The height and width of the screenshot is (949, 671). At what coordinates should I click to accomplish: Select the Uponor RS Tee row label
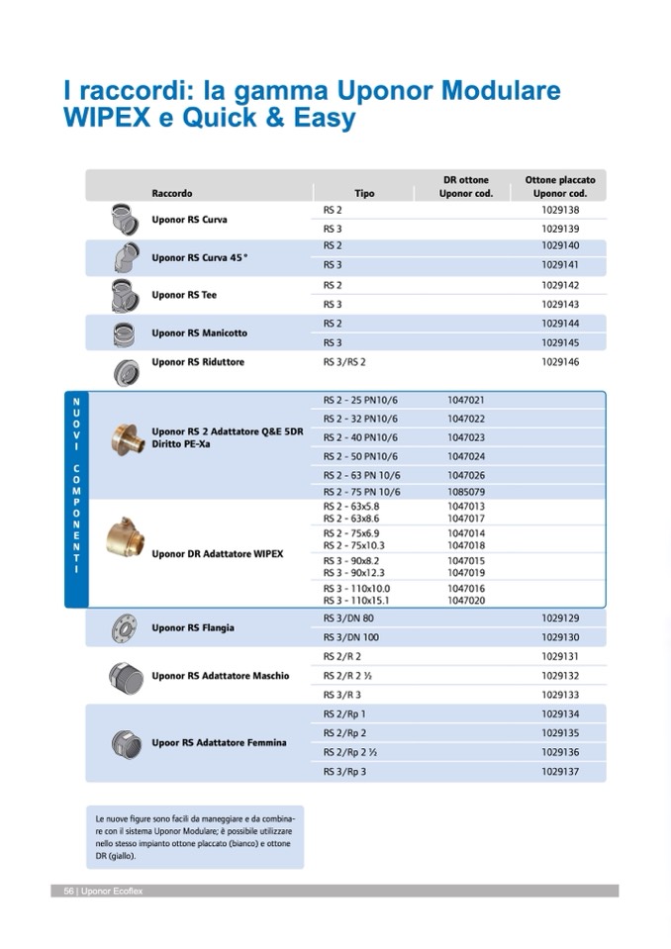pyautogui.click(x=184, y=295)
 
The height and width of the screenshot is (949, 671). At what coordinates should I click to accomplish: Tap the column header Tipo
pyautogui.click(x=364, y=193)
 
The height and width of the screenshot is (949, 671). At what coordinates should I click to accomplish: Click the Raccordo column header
pyautogui.click(x=172, y=193)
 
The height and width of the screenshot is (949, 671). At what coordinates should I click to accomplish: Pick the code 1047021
pyautogui.click(x=466, y=400)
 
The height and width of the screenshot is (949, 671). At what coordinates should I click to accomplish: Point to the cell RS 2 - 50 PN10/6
pyautogui.click(x=360, y=456)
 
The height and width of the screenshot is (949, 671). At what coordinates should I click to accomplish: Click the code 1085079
pyautogui.click(x=466, y=492)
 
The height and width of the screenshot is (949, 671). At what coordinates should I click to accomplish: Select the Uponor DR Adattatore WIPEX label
pyautogui.click(x=217, y=554)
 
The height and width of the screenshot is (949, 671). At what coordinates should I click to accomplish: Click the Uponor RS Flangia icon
pyautogui.click(x=126, y=627)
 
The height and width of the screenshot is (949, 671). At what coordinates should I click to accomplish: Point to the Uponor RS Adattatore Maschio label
pyautogui.click(x=220, y=676)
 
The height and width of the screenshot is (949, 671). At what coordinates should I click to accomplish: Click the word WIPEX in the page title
pyautogui.click(x=106, y=119)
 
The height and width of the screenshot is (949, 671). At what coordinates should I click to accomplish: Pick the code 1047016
pyautogui.click(x=466, y=588)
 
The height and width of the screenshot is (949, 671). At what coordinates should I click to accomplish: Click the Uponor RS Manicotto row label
pyautogui.click(x=199, y=332)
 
